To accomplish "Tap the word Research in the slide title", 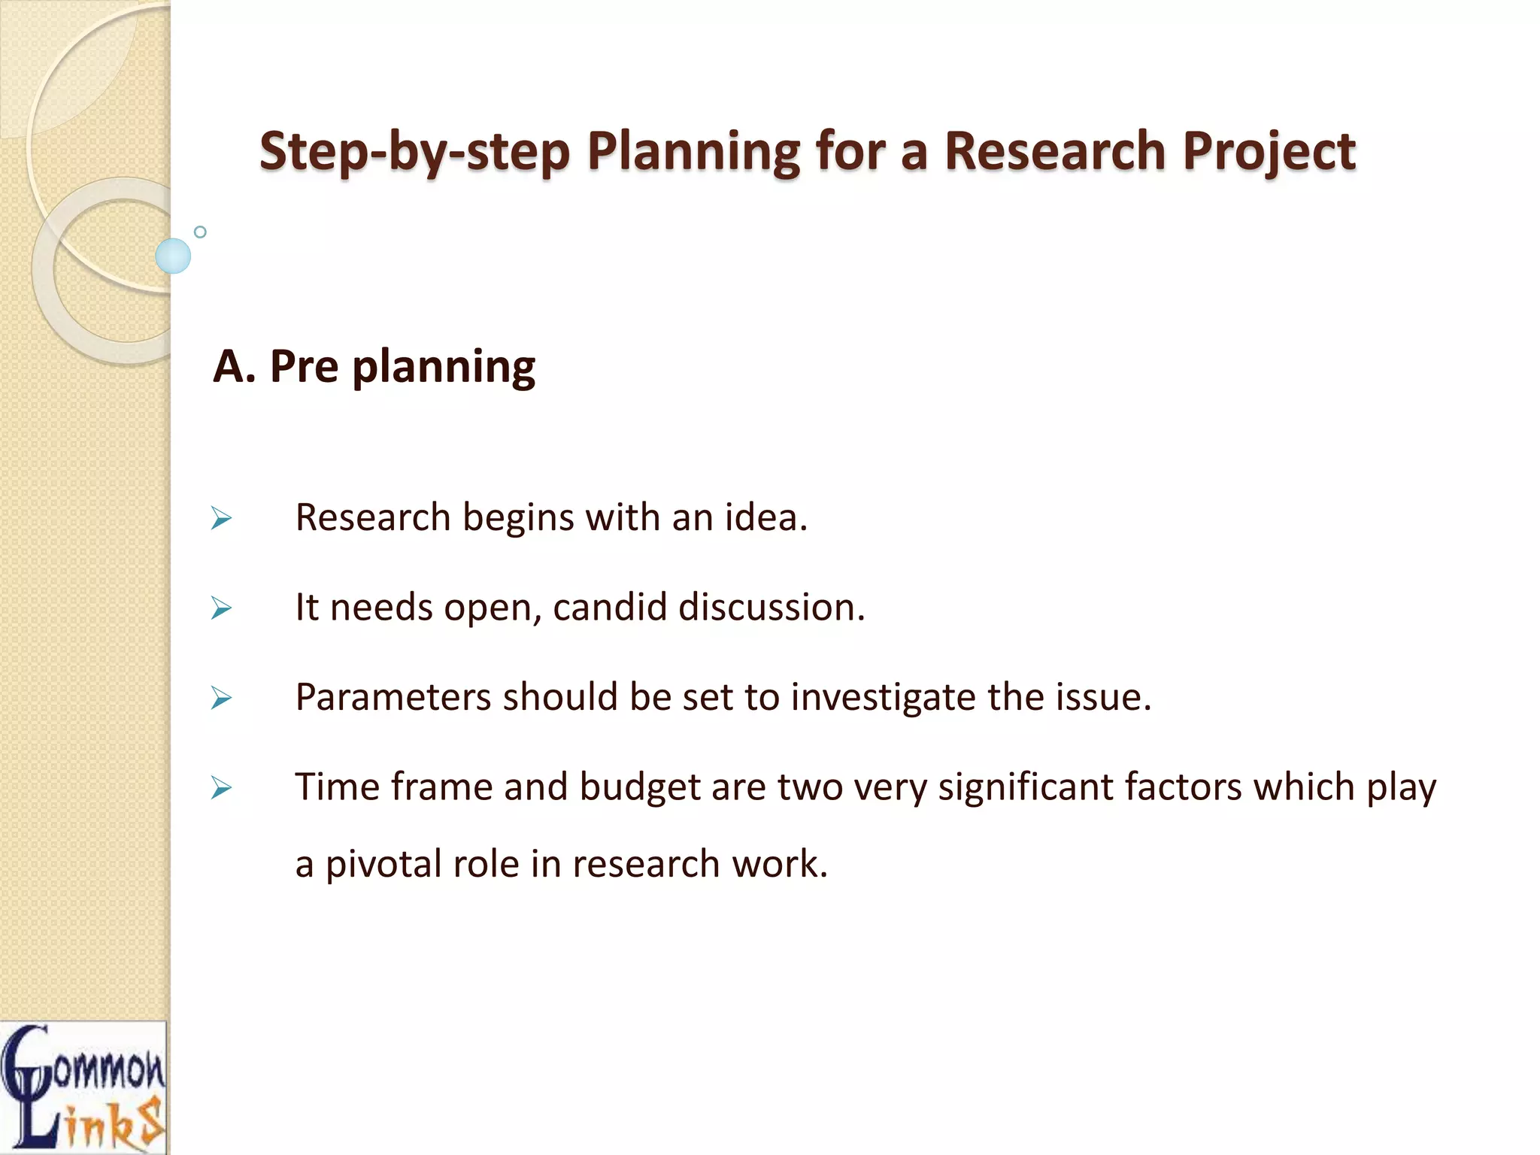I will (x=1055, y=150).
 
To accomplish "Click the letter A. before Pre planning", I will (x=234, y=367).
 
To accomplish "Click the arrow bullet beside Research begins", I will (x=221, y=518).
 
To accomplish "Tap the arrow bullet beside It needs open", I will (x=221, y=608).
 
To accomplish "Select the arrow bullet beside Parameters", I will (x=221, y=698).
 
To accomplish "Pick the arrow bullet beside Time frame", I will (x=221, y=787).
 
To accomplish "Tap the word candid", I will (x=609, y=607).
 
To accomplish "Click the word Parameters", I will (x=393, y=697).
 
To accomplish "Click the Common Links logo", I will (x=83, y=1087).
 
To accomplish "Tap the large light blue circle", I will (x=173, y=256).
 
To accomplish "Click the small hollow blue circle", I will (x=200, y=232).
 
